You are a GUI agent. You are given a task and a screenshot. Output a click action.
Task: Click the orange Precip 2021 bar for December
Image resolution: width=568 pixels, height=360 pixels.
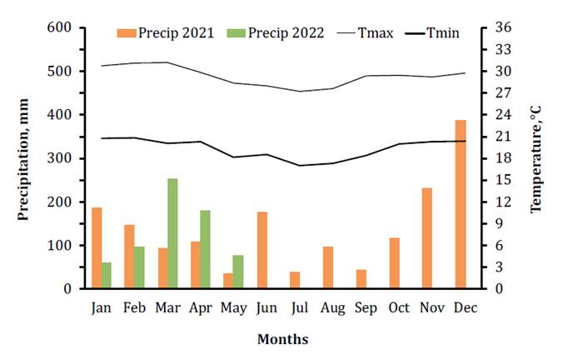[x=461, y=204]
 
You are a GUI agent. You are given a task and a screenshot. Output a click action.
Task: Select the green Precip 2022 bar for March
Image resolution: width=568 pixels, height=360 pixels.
[x=172, y=233]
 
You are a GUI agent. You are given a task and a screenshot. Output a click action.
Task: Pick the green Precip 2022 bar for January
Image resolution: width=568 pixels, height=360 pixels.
[x=106, y=275]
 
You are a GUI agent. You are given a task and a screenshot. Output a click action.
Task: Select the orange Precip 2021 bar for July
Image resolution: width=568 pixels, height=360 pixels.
[x=295, y=280]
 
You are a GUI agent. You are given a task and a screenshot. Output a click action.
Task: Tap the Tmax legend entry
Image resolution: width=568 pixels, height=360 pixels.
[x=366, y=33]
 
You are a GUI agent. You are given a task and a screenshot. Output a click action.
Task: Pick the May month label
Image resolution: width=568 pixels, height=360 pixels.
[x=234, y=307]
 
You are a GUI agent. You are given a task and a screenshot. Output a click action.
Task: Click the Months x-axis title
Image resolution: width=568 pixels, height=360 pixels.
[x=282, y=339]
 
